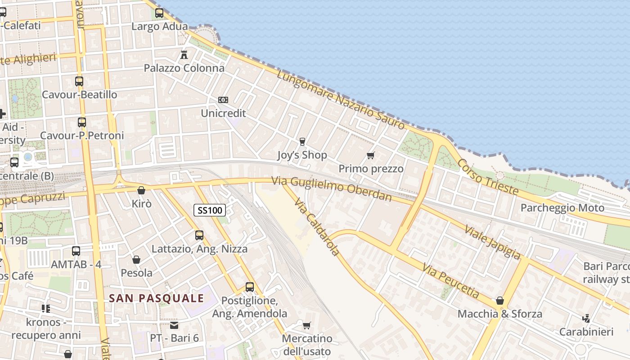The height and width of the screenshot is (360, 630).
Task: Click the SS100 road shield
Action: pos(210,210)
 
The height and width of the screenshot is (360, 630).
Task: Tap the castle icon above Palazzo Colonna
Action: pos(184,55)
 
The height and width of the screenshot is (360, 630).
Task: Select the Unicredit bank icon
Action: pos(223,99)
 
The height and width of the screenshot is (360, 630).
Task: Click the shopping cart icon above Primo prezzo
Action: pos(370,156)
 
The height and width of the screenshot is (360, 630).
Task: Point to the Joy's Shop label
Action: pos(302,155)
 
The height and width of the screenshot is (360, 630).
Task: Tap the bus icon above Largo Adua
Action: pos(159,13)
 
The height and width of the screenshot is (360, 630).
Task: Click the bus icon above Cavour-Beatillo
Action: pos(79,81)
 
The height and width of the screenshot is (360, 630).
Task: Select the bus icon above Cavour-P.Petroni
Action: pos(81,122)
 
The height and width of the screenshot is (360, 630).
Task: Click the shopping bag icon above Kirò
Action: pos(141,190)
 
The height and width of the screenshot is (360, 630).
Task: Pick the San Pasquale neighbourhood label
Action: pos(157,298)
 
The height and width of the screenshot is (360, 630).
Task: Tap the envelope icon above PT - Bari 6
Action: pos(174,325)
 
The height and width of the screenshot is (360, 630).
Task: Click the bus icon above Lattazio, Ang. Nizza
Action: pos(199,235)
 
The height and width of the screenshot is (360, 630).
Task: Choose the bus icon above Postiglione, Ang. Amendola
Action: pos(250,287)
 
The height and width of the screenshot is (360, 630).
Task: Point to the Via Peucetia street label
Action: pos(450,281)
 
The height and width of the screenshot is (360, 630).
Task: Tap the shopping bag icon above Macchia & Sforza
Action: pos(499,301)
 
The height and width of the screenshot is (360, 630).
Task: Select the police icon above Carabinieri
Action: pos(586,319)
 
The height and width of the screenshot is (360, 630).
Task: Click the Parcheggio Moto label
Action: pos(562,208)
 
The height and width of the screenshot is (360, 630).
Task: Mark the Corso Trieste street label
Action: pos(488,177)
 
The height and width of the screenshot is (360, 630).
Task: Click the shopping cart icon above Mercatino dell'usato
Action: pos(307,325)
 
